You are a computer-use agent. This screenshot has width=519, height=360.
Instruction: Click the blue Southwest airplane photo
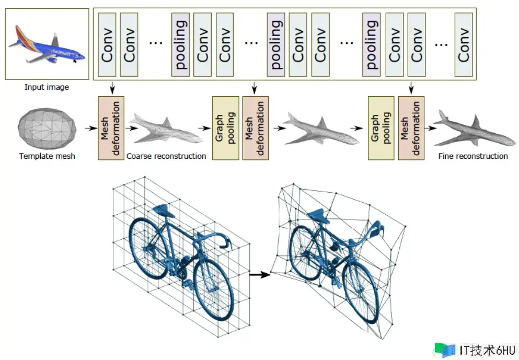[x=47, y=44]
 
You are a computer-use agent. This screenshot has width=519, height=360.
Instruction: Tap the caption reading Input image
[x=47, y=87]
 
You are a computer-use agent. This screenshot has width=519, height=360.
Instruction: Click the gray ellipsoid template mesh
[x=47, y=128]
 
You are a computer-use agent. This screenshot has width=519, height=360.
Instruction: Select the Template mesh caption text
[x=47, y=156]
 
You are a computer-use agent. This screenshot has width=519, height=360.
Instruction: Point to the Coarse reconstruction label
[x=166, y=156]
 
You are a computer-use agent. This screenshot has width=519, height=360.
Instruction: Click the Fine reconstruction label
[x=473, y=156]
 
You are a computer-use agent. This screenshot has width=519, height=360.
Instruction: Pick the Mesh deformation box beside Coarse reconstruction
[x=111, y=128]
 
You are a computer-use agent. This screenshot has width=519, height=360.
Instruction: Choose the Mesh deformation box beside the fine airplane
[x=411, y=128]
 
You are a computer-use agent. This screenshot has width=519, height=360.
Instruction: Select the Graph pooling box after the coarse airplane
[x=225, y=128]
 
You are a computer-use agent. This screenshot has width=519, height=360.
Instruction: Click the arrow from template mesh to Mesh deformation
[x=91, y=128]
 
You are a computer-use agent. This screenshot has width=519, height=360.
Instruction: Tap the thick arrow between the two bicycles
[x=260, y=274]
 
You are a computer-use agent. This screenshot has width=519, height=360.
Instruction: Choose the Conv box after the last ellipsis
[x=464, y=44]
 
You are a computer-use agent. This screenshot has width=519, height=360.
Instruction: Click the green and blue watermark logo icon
[x=445, y=350]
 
